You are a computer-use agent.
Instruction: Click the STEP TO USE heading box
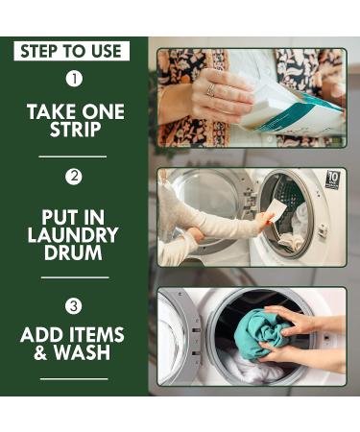click(x=72, y=51)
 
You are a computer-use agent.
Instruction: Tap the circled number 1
click(x=74, y=79)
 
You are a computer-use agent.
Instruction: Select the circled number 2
click(x=74, y=177)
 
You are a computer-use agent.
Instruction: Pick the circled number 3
click(x=74, y=306)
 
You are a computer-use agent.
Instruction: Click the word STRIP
click(x=75, y=130)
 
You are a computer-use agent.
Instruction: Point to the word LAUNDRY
click(x=73, y=235)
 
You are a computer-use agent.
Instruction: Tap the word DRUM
click(x=73, y=252)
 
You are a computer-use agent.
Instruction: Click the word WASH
click(x=83, y=352)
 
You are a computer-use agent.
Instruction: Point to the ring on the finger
click(x=211, y=90)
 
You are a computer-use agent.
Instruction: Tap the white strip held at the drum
click(x=276, y=209)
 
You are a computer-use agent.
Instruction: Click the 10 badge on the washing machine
click(x=332, y=180)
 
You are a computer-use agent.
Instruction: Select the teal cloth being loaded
click(x=262, y=333)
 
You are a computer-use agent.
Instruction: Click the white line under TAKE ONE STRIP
click(x=73, y=156)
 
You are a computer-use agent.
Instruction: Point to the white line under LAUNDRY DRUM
click(x=75, y=277)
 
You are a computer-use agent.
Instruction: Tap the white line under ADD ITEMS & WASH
click(x=74, y=379)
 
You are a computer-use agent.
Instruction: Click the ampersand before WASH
click(x=40, y=352)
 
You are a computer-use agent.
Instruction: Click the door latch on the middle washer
click(x=322, y=229)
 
